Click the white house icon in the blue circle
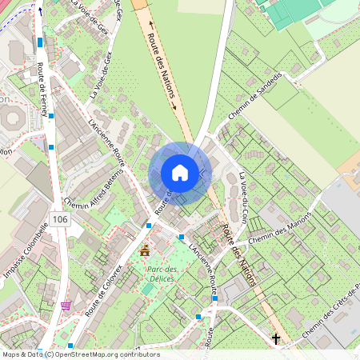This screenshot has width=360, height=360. pyautogui.click(x=180, y=172)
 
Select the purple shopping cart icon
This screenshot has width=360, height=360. pyautogui.click(x=66, y=306)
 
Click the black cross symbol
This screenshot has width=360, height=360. pyautogui.click(x=276, y=339)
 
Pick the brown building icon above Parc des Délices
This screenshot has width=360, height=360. pyautogui.click(x=145, y=251)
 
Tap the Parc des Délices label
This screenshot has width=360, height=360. pyautogui.click(x=162, y=274)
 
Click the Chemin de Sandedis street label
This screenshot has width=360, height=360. pyautogui.click(x=255, y=102)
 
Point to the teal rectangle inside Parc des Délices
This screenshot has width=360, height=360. pyautogui.click(x=147, y=287)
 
